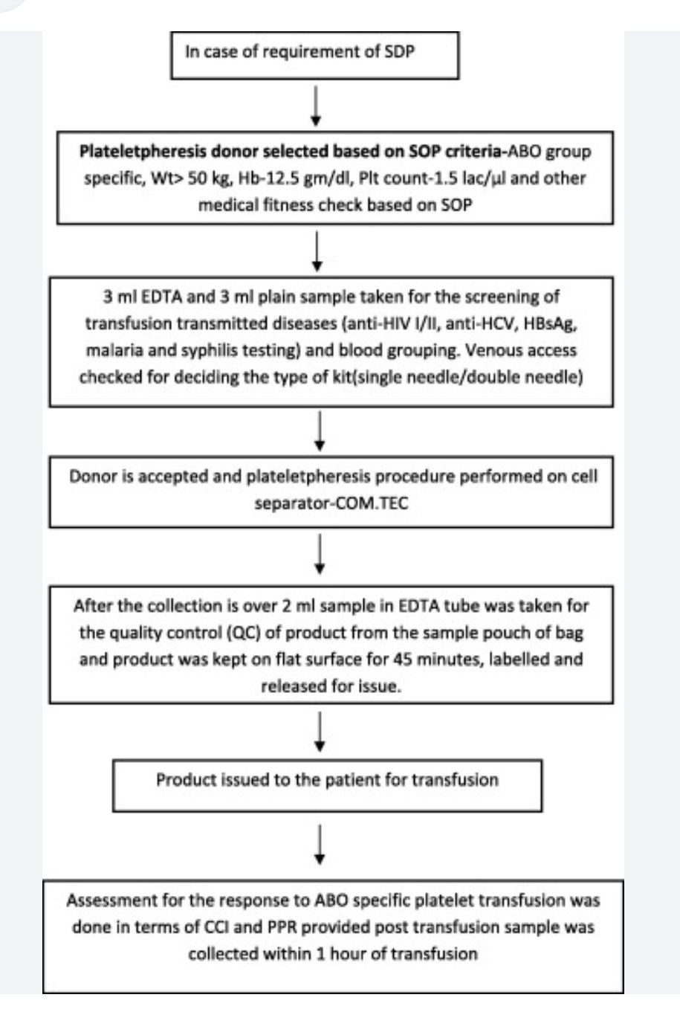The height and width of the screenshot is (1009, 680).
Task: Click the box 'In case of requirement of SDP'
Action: [315, 54]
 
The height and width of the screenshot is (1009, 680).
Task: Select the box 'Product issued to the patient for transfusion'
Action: [327, 780]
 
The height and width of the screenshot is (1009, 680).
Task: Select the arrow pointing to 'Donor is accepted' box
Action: [320, 431]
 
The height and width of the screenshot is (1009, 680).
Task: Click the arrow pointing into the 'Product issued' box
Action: [320, 732]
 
